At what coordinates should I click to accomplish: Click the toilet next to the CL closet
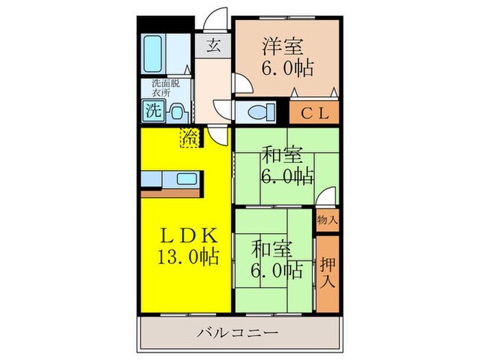pyautogui.click(x=261, y=110)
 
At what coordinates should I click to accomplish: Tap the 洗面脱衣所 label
pyautogui.click(x=166, y=87)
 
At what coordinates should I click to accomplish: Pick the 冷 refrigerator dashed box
pyautogui.click(x=189, y=137)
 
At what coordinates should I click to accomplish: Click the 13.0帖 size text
pyautogui.click(x=186, y=257)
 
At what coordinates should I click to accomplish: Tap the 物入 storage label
pyautogui.click(x=327, y=221)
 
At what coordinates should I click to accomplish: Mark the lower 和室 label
pyautogui.click(x=269, y=248)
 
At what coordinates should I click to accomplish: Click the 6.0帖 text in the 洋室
pyautogui.click(x=287, y=69)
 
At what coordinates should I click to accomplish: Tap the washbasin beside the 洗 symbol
pyautogui.click(x=176, y=110)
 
